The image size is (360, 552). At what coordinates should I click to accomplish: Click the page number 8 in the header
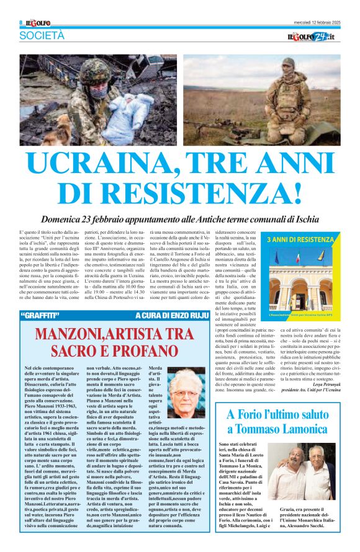(20, 23)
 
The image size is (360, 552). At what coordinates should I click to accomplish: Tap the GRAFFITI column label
(43, 316)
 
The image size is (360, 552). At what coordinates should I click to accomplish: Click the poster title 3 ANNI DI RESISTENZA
(300, 239)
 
